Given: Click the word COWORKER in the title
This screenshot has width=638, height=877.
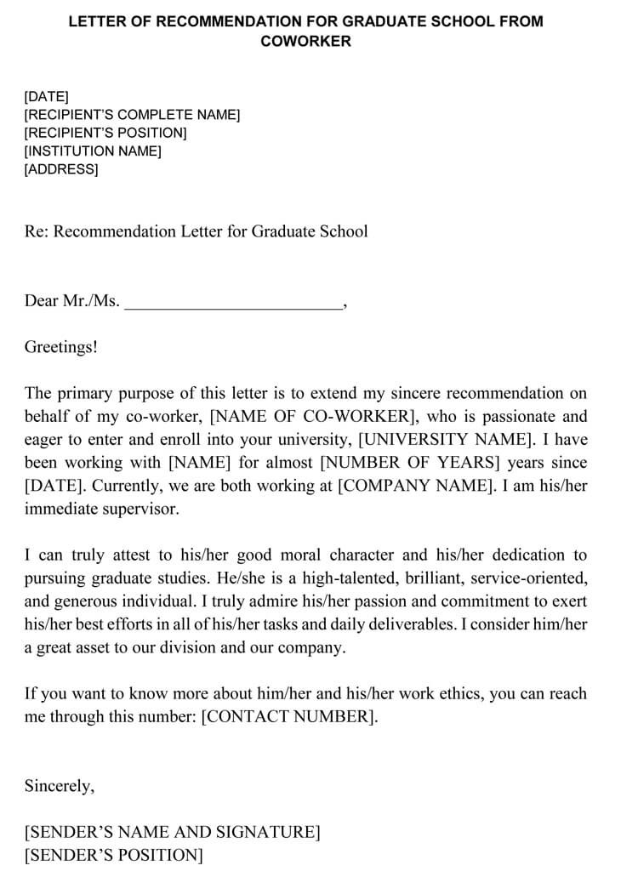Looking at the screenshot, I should click(305, 41).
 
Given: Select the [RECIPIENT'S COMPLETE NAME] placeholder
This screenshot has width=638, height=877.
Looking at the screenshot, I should click(132, 115).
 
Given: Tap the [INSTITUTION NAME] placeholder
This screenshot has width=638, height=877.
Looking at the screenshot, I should click(93, 151).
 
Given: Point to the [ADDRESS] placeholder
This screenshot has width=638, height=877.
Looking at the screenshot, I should click(61, 169).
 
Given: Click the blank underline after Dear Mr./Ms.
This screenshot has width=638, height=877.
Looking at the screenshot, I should click(233, 303).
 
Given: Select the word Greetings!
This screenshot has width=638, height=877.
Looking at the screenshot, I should click(60, 347).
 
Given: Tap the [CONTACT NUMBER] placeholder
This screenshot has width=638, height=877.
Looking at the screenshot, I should click(288, 717).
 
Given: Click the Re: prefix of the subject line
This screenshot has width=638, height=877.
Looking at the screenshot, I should click(37, 231).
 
